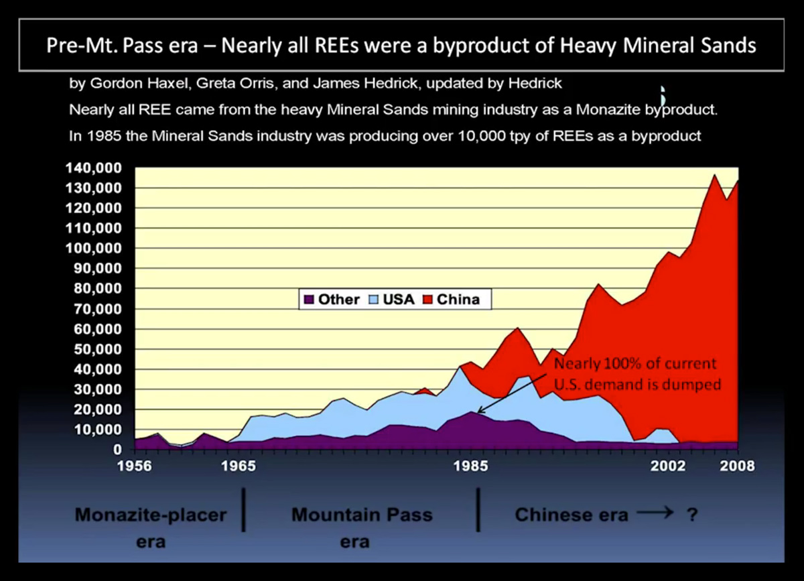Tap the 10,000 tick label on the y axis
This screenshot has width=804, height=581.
pyautogui.click(x=101, y=430)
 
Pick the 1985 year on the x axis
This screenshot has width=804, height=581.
pyautogui.click(x=473, y=466)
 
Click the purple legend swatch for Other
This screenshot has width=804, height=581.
pyautogui.click(x=310, y=300)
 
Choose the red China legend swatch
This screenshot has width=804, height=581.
pyautogui.click(x=428, y=300)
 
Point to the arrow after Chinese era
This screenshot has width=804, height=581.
pyautogui.click(x=655, y=514)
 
